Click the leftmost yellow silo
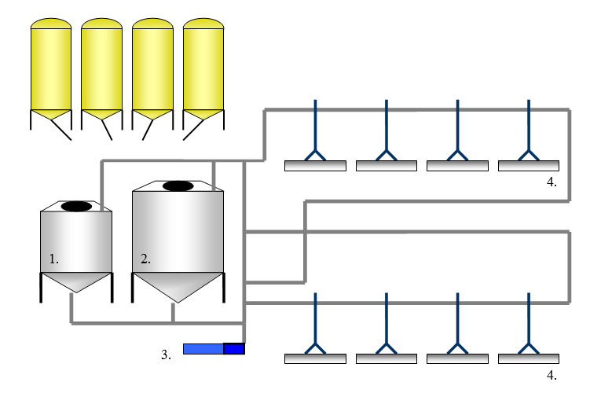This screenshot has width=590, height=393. (51, 67)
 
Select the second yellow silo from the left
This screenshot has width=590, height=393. (102, 67)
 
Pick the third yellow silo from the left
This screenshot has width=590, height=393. (152, 67)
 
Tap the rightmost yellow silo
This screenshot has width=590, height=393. (203, 67)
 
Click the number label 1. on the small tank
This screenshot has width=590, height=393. (53, 258)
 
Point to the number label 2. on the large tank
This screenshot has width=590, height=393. (145, 258)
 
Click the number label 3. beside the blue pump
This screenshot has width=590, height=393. (166, 355)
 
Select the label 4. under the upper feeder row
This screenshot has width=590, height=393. (552, 182)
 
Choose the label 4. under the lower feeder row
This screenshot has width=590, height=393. (552, 375)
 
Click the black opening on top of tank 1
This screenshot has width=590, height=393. (76, 206)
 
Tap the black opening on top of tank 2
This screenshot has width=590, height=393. (178, 186)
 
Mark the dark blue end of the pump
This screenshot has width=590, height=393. (234, 349)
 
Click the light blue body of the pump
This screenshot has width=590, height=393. (203, 349)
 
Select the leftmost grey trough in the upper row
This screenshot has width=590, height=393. (315, 166)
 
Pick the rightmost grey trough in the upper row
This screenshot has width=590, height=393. (529, 166)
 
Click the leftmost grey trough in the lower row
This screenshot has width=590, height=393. (315, 358)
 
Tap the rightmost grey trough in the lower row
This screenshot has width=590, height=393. (529, 358)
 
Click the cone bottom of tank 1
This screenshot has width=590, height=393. (75, 281)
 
